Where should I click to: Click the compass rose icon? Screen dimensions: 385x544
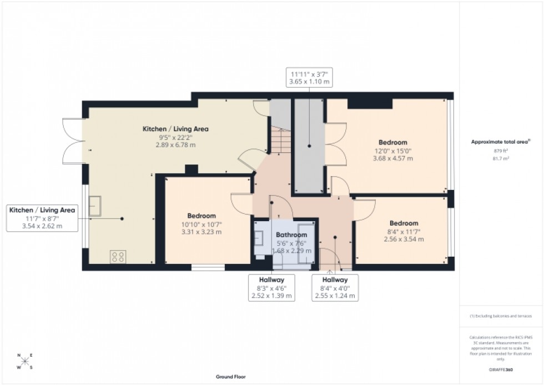pos(25,361)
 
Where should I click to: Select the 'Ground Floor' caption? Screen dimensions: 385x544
pos(231,377)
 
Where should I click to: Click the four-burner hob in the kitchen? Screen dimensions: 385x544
pos(118,257)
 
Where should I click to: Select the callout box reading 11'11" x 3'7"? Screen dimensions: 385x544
pos(309,78)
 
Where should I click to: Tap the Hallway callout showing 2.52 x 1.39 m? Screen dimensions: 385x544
pos(271,288)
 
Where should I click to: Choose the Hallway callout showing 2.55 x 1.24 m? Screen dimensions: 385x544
pos(334,288)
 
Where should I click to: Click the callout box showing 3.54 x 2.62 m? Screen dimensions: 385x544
pos(42,218)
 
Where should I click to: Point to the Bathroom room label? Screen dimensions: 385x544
pos(292,235)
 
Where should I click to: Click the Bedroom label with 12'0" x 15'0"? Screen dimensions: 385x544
pos(393,142)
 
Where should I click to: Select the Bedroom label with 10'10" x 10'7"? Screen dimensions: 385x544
pos(202,216)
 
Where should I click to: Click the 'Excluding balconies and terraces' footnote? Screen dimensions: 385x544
pos(501,316)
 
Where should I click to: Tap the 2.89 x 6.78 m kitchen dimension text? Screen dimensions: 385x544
pos(175,144)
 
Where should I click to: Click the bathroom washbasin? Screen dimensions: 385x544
pos(260,239)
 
